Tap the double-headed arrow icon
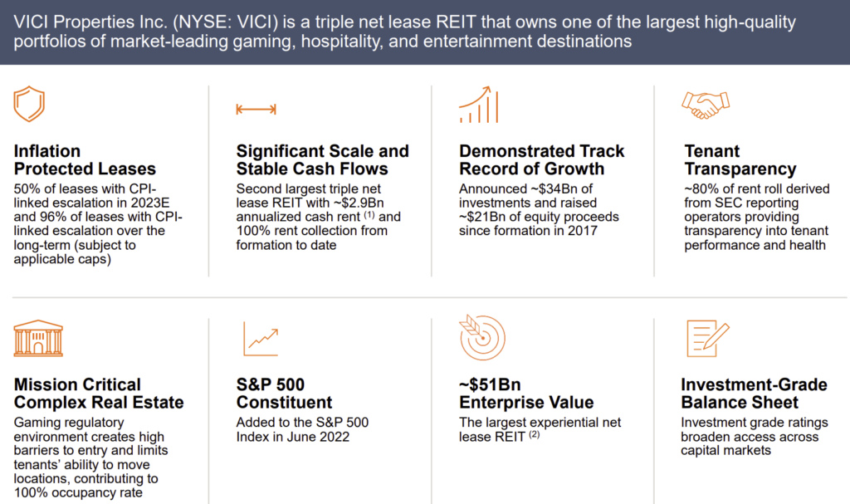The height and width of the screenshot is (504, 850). (256, 110)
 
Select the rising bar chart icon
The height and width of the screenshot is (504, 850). (478, 105)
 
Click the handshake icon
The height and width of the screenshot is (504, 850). (706, 105)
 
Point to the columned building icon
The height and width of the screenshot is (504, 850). (38, 338)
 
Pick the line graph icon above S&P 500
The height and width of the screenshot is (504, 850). (261, 339)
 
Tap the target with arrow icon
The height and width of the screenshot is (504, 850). (482, 337)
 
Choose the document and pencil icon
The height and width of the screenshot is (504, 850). (707, 338)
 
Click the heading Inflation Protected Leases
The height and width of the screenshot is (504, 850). (85, 160)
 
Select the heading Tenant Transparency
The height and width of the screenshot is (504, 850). (740, 160)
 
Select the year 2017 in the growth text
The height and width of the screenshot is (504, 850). (582, 231)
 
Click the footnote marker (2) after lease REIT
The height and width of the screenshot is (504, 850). (535, 434)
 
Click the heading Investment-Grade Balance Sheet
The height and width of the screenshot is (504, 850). (754, 394)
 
